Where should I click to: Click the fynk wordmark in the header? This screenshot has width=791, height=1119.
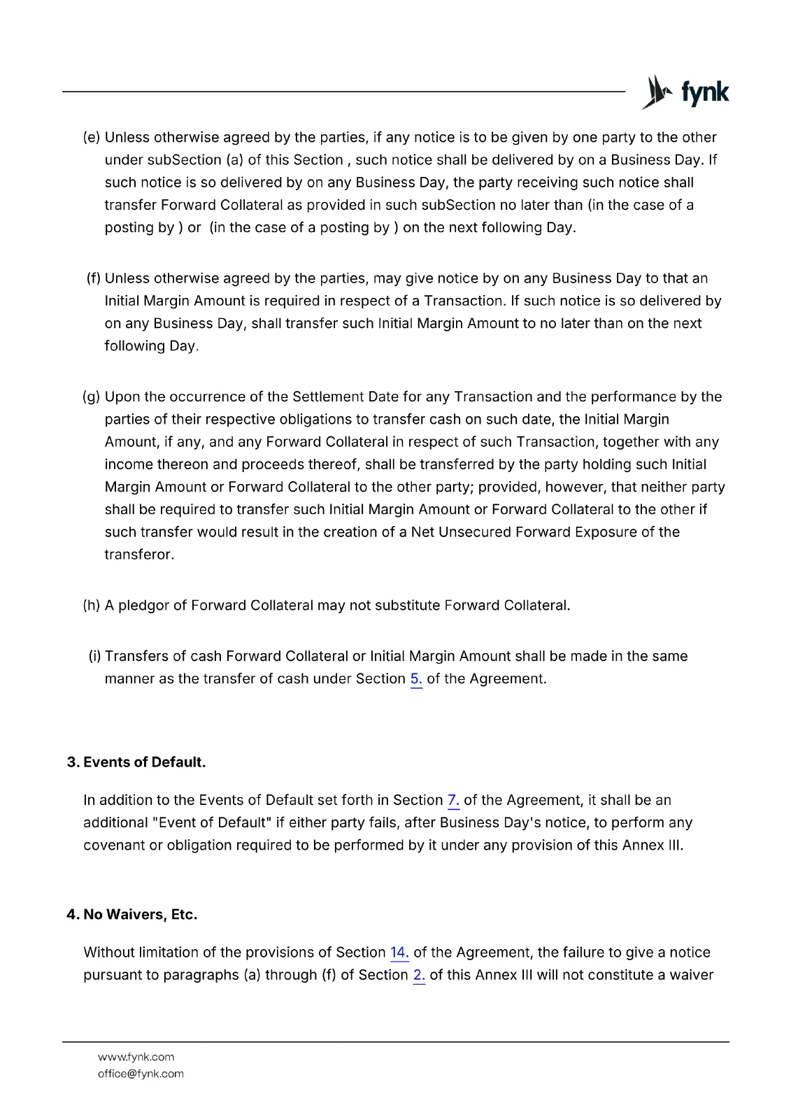click(705, 94)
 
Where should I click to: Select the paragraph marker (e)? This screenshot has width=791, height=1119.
click(92, 138)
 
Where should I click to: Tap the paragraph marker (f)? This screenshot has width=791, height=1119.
click(94, 278)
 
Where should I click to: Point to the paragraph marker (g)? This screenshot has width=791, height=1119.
click(92, 397)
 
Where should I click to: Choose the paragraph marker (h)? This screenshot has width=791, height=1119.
click(92, 606)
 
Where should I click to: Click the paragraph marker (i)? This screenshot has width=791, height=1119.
click(94, 657)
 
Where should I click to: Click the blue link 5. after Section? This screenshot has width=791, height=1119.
click(416, 679)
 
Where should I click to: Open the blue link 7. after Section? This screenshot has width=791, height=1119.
click(453, 800)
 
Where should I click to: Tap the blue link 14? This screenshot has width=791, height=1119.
click(399, 953)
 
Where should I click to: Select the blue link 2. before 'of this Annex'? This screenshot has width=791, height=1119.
click(419, 975)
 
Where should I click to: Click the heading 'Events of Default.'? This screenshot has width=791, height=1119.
click(144, 762)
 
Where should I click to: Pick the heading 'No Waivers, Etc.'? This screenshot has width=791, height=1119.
click(140, 915)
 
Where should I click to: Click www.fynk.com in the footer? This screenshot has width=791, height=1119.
click(136, 1057)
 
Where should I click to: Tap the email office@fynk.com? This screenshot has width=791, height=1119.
click(141, 1074)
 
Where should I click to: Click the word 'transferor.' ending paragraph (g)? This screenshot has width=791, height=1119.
click(139, 555)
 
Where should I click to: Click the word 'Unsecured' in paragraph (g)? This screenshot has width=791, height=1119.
click(475, 532)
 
